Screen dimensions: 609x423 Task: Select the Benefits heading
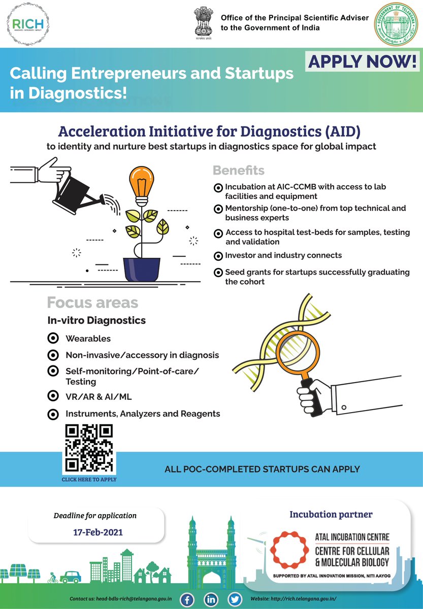pos(238,170)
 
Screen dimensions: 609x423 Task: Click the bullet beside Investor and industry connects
pos(218,256)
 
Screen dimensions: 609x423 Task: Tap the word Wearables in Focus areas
pos(88,339)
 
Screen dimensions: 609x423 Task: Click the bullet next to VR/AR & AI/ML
pos(52,396)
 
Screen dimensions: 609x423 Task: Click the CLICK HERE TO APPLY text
pos(89,479)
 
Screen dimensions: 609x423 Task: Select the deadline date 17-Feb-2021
pos(96,532)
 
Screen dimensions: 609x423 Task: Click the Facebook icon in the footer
pos(187,599)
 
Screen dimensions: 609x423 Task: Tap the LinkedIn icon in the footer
pos(211,599)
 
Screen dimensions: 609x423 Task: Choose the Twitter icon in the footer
pos(235,599)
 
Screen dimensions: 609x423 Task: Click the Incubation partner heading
pos(331,514)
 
